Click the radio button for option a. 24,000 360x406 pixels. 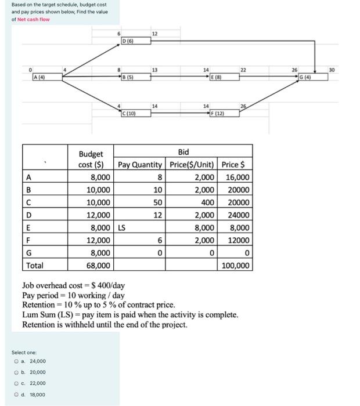coord(16,361)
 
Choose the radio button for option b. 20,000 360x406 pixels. coord(16,372)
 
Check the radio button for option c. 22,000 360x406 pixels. coord(16,383)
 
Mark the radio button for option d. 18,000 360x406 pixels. coord(16,394)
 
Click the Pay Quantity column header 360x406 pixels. coord(142,165)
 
